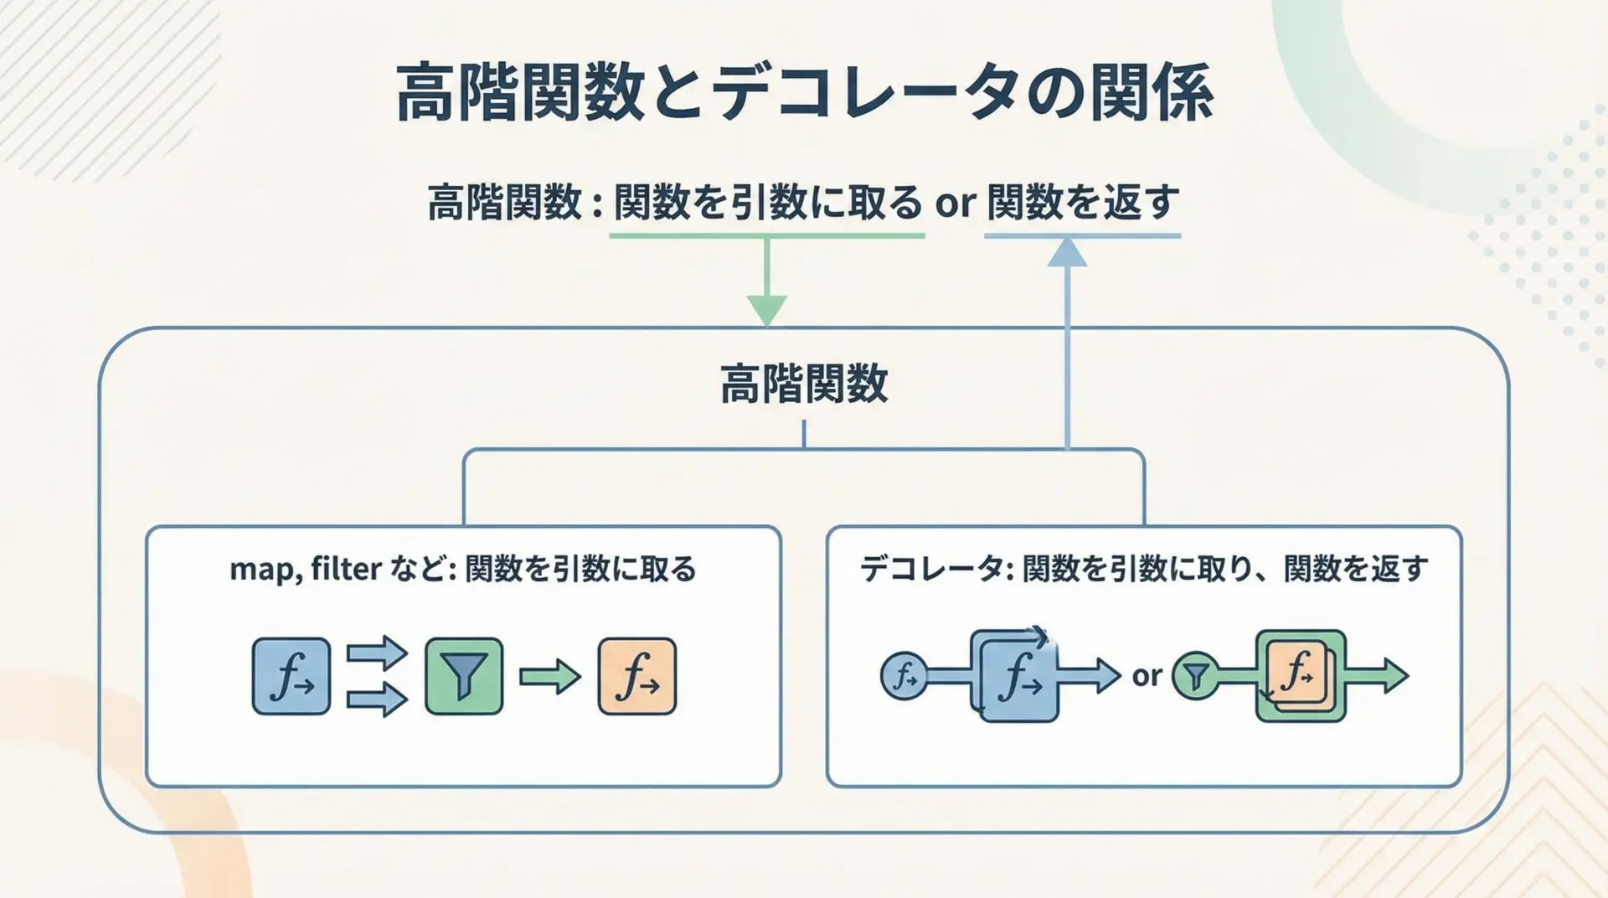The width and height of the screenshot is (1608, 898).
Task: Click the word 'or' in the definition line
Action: pos(955,204)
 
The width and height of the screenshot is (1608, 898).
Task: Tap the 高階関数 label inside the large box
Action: pos(804,384)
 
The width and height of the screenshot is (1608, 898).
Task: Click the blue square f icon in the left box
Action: pos(291,677)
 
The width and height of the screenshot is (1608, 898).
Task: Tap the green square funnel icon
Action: pos(464,677)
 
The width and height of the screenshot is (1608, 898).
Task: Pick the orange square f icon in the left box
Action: pos(637,677)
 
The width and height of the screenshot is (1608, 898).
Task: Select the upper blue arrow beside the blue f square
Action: pos(377,653)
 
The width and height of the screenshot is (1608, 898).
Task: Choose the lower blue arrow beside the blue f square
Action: pos(377,699)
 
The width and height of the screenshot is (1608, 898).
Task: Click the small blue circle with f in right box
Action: pos(904,675)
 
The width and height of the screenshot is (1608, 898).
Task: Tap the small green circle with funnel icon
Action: pos(1195,676)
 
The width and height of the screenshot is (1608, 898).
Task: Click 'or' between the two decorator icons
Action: pos(1147,676)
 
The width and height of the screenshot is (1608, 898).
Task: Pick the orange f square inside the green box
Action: pos(1297,673)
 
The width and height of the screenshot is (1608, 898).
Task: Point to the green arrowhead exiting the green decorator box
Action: pos(1395,675)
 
